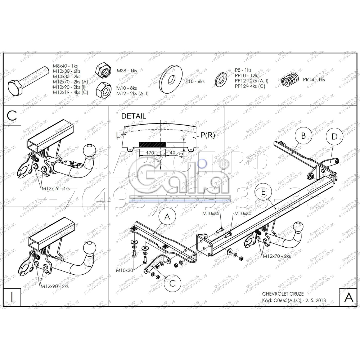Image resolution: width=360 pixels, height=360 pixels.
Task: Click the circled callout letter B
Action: click(303, 136)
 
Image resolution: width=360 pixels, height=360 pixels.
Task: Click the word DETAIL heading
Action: click(134, 116)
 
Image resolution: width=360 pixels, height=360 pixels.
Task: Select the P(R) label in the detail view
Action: click(208, 135)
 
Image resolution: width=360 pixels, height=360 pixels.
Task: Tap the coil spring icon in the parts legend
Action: click(290, 80)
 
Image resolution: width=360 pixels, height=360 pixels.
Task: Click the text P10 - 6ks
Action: click(195, 82)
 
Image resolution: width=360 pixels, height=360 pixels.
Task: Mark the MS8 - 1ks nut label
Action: click(126, 71)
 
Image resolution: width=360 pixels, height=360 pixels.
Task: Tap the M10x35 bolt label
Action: click(211, 214)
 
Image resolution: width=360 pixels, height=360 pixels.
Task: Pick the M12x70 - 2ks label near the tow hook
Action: click(276, 256)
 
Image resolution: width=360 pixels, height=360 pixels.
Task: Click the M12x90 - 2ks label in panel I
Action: click(54, 287)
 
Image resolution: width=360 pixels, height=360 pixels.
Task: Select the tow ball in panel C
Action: click(89, 150)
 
